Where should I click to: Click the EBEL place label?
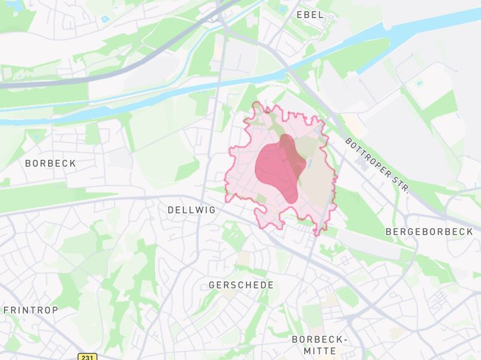tap(309, 14)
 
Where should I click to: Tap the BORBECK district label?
tap(50, 163)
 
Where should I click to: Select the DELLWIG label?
tap(191, 210)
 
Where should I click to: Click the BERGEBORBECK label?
tap(429, 231)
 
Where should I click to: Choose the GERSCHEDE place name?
tap(241, 285)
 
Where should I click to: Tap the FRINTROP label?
tap(31, 310)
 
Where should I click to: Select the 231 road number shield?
tap(88, 357)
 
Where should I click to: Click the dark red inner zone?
tap(278, 168)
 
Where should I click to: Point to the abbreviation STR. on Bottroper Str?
tap(400, 185)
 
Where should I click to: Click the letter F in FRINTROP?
tap(6, 310)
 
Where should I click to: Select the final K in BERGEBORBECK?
tap(470, 231)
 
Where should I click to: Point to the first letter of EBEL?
tap(300, 14)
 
